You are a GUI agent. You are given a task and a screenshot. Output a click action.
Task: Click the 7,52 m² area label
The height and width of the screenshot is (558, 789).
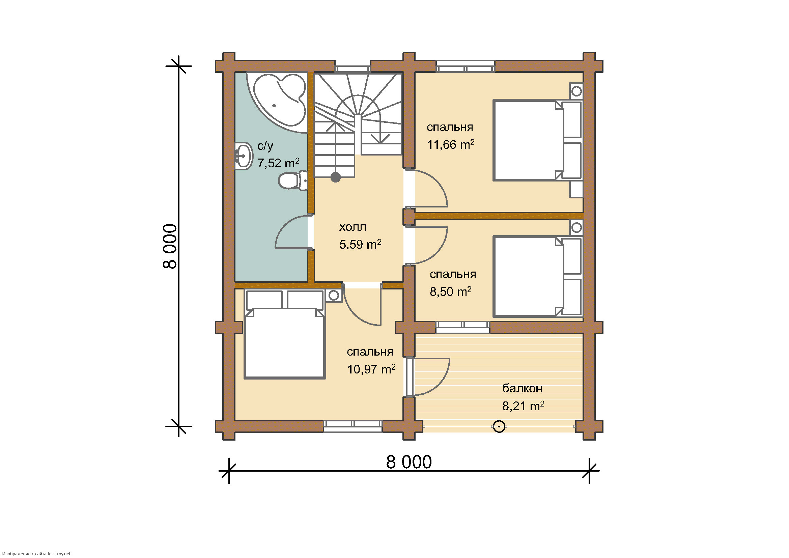point(278,163)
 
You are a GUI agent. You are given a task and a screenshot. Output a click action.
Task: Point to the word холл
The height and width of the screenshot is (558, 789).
point(353,227)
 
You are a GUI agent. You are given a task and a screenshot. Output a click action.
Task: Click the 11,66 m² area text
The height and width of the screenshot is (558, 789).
point(451,145)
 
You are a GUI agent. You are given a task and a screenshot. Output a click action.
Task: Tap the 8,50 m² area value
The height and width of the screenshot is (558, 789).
point(451,292)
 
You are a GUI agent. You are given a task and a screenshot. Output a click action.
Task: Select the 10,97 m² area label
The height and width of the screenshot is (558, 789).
point(371,369)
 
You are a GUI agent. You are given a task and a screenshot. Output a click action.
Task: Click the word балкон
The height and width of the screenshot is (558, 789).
point(522,388)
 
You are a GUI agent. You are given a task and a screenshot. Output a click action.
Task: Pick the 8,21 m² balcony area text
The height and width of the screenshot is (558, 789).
point(524,406)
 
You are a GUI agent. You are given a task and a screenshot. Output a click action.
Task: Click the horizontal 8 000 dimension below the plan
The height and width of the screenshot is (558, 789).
point(409,462)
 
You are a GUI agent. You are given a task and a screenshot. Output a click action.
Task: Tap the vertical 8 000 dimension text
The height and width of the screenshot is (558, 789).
point(170,246)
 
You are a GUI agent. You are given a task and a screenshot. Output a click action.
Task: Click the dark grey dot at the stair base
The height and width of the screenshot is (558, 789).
point(336,177)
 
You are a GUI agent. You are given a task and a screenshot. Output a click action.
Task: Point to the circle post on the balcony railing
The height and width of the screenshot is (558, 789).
point(499,427)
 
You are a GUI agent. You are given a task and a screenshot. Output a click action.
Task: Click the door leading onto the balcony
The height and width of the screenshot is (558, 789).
point(431,376)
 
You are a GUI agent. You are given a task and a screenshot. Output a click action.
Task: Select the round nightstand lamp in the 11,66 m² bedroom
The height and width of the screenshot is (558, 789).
point(576,91)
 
